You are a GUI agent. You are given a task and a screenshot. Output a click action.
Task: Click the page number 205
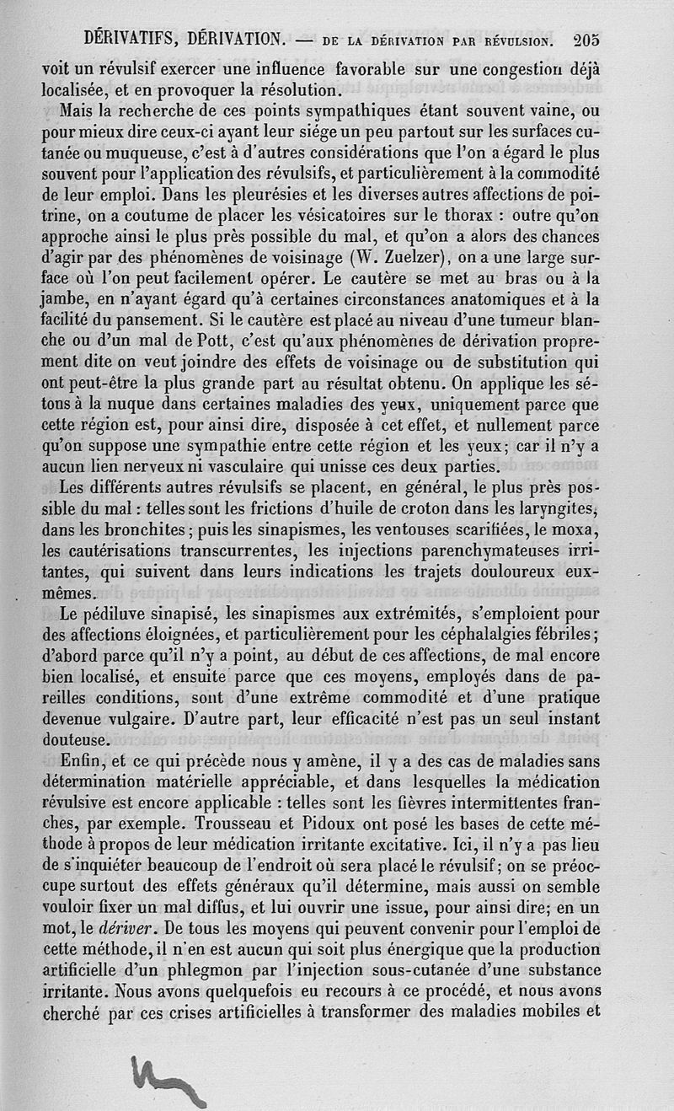click(x=585, y=38)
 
